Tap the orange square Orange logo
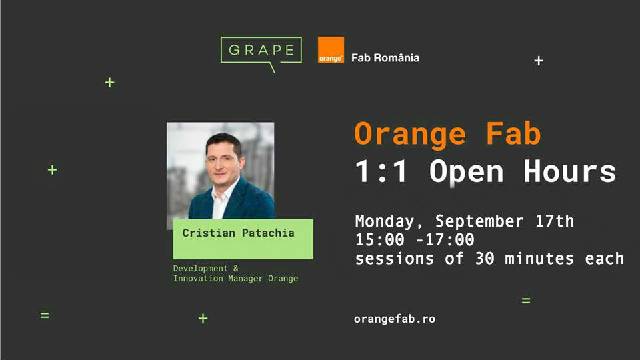point(331,50)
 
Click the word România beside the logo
point(397,57)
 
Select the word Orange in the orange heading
point(410,134)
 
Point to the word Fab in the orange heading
point(513,133)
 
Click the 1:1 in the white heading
point(381,171)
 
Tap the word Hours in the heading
point(570,171)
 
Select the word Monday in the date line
point(385,221)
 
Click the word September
point(479,221)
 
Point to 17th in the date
point(555,221)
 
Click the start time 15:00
point(379,239)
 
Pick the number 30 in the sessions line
point(485,259)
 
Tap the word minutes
point(539,259)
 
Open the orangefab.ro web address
point(395,319)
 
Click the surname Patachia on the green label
point(268,233)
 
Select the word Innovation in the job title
point(198,279)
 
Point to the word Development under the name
point(201,268)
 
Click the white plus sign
point(539,61)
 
